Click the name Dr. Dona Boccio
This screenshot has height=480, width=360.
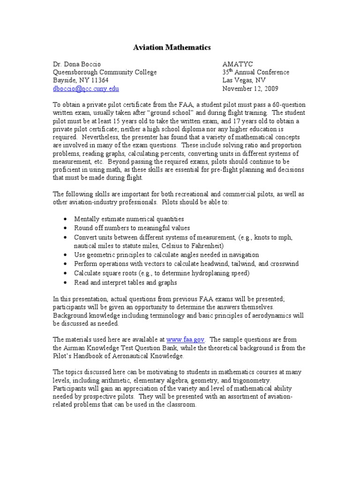click(x=76, y=64)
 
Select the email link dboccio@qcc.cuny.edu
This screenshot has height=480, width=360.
click(x=85, y=88)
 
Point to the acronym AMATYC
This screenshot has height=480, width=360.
click(x=237, y=64)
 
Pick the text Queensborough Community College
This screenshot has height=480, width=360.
click(x=105, y=72)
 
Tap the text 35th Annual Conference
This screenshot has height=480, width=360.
click(x=255, y=72)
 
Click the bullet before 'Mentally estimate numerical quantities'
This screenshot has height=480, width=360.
click(x=64, y=219)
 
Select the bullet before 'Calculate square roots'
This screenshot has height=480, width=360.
click(x=64, y=273)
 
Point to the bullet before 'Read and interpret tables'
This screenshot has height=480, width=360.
click(x=64, y=283)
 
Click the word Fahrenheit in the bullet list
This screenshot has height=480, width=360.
click(x=207, y=246)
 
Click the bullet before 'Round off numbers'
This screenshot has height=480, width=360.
click(x=64, y=228)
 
